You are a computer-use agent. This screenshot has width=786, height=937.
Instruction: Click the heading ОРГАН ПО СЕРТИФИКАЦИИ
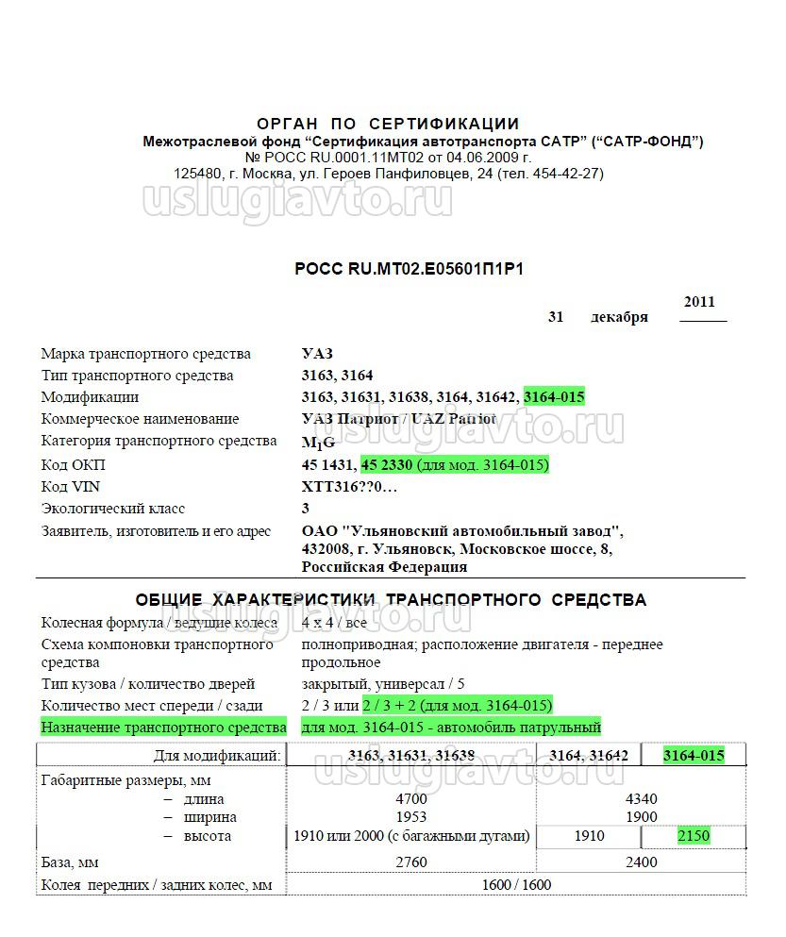click(388, 124)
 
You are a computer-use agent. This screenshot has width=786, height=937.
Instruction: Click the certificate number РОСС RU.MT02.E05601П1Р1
click(409, 269)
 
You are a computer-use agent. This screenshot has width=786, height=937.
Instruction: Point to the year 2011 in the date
click(699, 302)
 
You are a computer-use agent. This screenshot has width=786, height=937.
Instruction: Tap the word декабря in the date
click(619, 317)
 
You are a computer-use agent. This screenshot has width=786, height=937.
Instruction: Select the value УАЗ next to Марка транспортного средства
click(317, 354)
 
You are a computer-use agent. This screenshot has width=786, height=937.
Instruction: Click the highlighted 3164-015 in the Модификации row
click(554, 397)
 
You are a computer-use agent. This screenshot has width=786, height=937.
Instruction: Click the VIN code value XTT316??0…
click(349, 487)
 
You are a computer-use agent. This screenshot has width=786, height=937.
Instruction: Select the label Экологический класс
click(113, 509)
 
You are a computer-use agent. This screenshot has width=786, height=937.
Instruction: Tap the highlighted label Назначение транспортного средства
click(163, 728)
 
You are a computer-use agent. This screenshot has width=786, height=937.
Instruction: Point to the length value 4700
click(411, 798)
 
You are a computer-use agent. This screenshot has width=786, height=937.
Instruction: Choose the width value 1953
click(411, 817)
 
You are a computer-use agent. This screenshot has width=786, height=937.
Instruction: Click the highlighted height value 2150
click(693, 836)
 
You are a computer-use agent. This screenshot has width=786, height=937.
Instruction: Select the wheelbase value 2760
click(411, 862)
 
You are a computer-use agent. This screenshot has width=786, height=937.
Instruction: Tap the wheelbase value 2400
click(641, 862)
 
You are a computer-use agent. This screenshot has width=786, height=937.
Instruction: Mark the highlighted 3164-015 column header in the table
click(693, 755)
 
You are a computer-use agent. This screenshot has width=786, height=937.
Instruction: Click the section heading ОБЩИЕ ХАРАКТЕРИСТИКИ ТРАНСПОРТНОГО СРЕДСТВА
click(391, 600)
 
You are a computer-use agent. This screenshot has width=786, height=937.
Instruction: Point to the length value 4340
click(641, 798)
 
